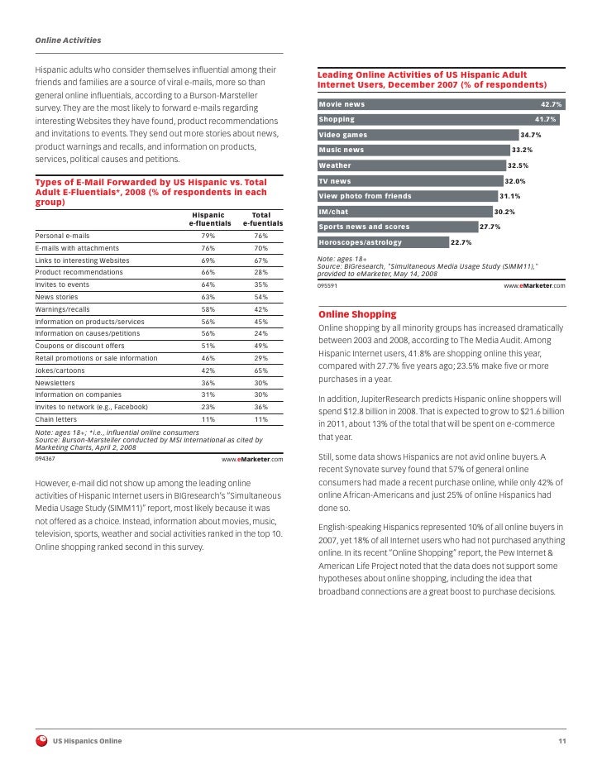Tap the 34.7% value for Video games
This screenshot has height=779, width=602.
530,135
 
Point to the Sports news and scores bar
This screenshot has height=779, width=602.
397,227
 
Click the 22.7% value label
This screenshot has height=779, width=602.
461,242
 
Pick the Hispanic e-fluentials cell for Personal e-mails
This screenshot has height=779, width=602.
208,236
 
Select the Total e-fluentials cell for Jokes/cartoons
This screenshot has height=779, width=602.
260,370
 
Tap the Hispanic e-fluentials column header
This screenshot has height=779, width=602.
208,219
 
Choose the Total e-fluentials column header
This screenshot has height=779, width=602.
262,219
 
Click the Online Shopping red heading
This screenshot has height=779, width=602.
357,315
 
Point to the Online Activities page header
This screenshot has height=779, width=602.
68,40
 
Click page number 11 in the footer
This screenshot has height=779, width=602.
561,740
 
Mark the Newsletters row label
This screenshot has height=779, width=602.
55,383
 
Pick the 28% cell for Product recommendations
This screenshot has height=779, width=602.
260,272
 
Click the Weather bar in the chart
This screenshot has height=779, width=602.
410,165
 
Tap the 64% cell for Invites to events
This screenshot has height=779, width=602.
208,284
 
